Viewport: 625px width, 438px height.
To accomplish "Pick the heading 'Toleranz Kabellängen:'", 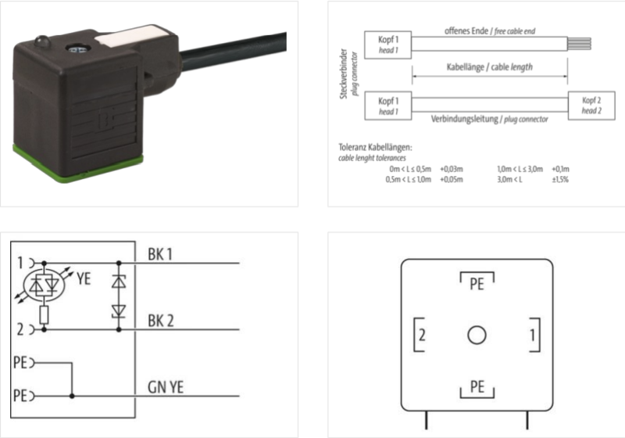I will pos(376,147).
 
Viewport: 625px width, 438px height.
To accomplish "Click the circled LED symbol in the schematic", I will pos(45,285).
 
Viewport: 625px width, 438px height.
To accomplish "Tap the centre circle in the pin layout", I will pos(476,336).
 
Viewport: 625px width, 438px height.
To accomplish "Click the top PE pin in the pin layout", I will pos(476,284).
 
